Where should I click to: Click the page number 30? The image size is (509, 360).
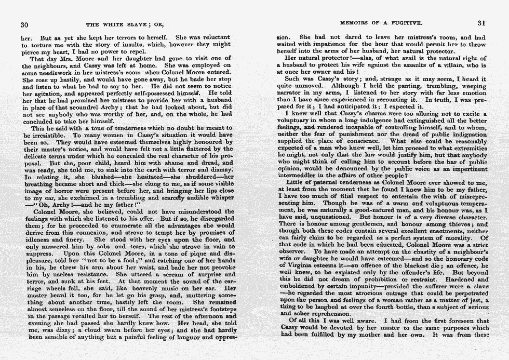pos(24,24)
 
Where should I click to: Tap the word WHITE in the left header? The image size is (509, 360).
pos(113,24)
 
